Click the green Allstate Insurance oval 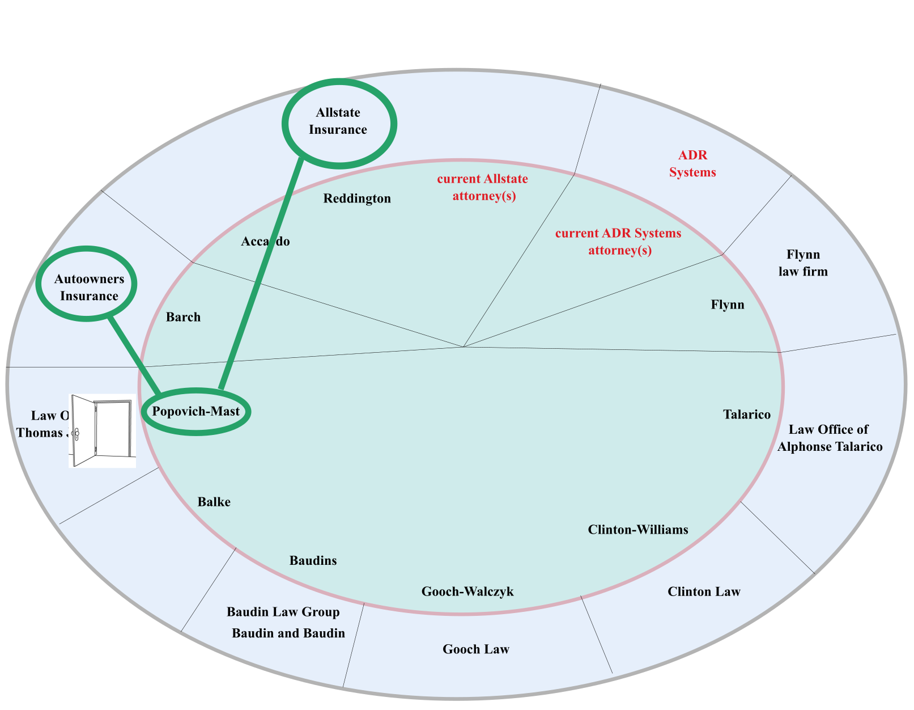pyautogui.click(x=339, y=122)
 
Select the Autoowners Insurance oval pyautogui.click(x=87, y=284)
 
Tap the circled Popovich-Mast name pyautogui.click(x=196, y=412)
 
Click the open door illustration pyautogui.click(x=103, y=431)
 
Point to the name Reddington pyautogui.click(x=357, y=198)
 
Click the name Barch pyautogui.click(x=183, y=317)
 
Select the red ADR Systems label pyautogui.click(x=692, y=164)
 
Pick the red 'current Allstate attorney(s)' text pyautogui.click(x=483, y=188)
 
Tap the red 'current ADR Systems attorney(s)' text pyautogui.click(x=619, y=242)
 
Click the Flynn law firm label pyautogui.click(x=803, y=263)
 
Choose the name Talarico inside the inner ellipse pyautogui.click(x=747, y=415)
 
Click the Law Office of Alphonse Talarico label pyautogui.click(x=830, y=438)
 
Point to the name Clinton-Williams pyautogui.click(x=638, y=530)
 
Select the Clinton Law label pyautogui.click(x=704, y=592)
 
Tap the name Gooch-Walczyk pyautogui.click(x=467, y=592)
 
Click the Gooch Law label pyautogui.click(x=476, y=649)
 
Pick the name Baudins pyautogui.click(x=313, y=561)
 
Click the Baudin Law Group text pyautogui.click(x=283, y=612)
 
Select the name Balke pyautogui.click(x=214, y=502)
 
